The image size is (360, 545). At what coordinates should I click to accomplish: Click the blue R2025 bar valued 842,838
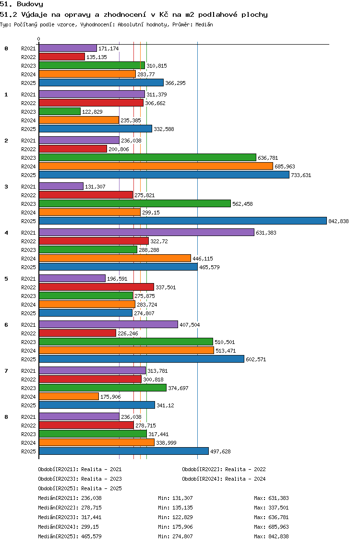pos(183,221)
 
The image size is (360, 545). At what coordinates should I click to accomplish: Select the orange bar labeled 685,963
pos(156,166)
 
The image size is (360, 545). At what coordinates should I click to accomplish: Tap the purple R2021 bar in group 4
pos(146,232)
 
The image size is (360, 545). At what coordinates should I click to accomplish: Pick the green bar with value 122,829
pos(60,111)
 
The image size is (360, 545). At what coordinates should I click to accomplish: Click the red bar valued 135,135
pos(62,57)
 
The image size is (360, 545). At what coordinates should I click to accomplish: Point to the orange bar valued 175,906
pos(69,396)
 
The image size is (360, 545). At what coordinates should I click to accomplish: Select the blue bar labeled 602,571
pos(142,359)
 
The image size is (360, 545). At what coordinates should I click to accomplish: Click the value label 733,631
pos(301,175)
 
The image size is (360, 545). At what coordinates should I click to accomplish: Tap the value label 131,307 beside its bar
pos(96,187)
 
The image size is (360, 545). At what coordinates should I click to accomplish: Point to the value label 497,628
pos(220,451)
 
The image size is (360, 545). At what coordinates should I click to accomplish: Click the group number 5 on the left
pos(6,279)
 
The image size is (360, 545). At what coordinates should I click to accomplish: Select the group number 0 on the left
pos(6,48)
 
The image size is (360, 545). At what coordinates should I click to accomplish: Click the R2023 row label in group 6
pos(28,342)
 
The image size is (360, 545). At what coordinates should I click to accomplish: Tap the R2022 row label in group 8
pos(28,426)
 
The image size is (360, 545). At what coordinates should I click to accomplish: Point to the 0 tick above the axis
pos(38,39)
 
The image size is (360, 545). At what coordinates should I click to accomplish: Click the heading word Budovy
pos(30,4)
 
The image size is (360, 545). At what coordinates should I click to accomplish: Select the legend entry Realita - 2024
pos(246,479)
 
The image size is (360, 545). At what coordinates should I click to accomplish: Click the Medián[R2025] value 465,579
pos(92,536)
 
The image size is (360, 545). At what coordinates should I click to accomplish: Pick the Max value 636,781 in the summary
pos(278,517)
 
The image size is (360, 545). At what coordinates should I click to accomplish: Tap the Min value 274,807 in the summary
pos(182,536)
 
